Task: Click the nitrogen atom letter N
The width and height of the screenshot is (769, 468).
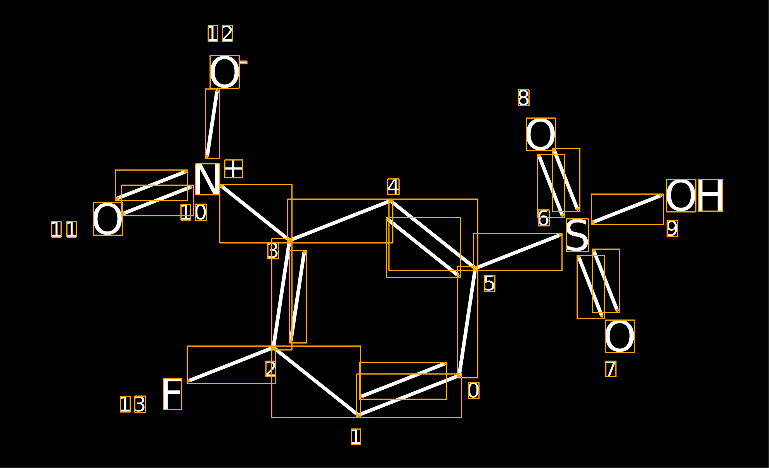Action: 208,179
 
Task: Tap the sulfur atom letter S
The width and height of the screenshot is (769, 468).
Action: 577,235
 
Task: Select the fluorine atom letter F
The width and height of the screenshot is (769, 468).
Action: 173,394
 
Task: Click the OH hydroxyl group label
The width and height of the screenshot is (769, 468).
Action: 695,195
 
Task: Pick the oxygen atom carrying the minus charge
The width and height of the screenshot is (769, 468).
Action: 225,72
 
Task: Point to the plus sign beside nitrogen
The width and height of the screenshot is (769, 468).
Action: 234,169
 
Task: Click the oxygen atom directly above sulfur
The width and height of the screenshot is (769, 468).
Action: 541,134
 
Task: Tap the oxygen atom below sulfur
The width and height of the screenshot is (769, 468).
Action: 620,337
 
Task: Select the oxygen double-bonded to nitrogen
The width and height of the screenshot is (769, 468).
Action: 108,219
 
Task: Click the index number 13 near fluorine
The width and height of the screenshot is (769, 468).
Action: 133,404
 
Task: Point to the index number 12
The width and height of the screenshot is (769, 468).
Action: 220,33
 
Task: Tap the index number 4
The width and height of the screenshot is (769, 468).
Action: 393,187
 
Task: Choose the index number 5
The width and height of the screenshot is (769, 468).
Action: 490,283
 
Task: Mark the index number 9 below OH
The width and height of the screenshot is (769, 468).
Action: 672,228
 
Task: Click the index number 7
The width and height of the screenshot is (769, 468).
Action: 611,369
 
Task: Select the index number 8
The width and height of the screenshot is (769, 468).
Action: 524,98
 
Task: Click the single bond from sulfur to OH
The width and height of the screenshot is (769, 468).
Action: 627,209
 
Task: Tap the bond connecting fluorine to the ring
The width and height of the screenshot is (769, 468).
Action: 231,364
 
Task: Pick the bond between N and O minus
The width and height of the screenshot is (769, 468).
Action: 212,123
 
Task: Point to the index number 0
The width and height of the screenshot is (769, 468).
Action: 474,390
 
